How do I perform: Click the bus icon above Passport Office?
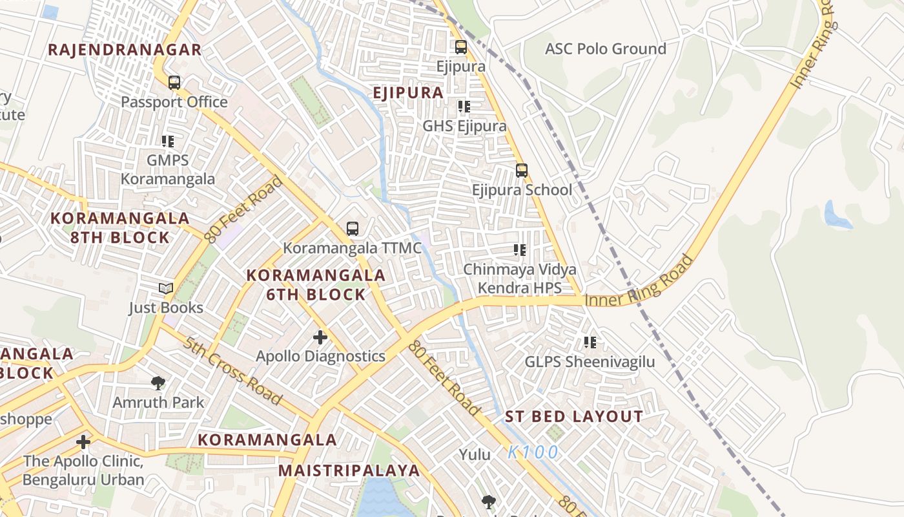click(x=174, y=83)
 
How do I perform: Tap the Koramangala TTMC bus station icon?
click(x=352, y=228)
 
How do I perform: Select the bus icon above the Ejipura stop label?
click(x=460, y=47)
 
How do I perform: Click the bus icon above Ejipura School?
click(x=522, y=171)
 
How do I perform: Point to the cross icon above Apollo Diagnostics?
click(x=320, y=337)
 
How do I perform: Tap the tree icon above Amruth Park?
click(x=158, y=383)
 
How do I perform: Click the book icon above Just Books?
click(x=166, y=288)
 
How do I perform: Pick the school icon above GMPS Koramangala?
click(x=168, y=142)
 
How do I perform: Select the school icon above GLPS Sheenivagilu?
click(x=590, y=343)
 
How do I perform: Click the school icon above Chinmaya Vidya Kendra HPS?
click(x=520, y=250)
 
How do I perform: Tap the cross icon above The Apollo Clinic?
click(x=83, y=442)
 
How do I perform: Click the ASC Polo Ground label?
click(x=605, y=49)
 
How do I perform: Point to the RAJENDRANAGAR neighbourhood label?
click(x=125, y=50)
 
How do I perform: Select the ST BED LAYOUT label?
click(x=574, y=417)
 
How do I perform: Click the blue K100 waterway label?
click(x=533, y=452)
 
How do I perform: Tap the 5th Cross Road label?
click(x=232, y=371)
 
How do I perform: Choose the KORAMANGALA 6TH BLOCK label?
click(x=316, y=285)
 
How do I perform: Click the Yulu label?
click(x=475, y=455)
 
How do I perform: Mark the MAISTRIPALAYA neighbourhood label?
click(x=349, y=470)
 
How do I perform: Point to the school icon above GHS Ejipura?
click(x=464, y=107)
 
